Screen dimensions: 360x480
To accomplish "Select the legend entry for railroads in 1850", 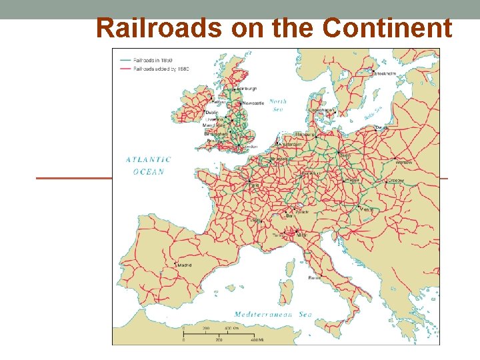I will [152, 61].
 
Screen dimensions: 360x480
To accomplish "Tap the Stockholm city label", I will [387, 74].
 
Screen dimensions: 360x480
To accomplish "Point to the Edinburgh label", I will [247, 89].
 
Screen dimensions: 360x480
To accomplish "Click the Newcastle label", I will [253, 103].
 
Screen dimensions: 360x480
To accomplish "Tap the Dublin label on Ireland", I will [211, 113].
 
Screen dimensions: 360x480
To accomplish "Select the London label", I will [250, 146].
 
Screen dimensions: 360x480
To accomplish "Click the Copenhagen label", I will [321, 110].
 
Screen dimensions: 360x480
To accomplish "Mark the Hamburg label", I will [305, 134].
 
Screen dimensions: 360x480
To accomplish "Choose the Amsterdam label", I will [291, 145].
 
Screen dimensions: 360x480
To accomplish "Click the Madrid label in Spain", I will [184, 265].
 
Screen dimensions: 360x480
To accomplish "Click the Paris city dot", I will [249, 181].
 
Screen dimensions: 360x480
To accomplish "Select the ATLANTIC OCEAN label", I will [148, 165].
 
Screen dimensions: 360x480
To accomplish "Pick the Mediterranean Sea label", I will [273, 314].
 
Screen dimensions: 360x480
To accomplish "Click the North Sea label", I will [278, 105].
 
